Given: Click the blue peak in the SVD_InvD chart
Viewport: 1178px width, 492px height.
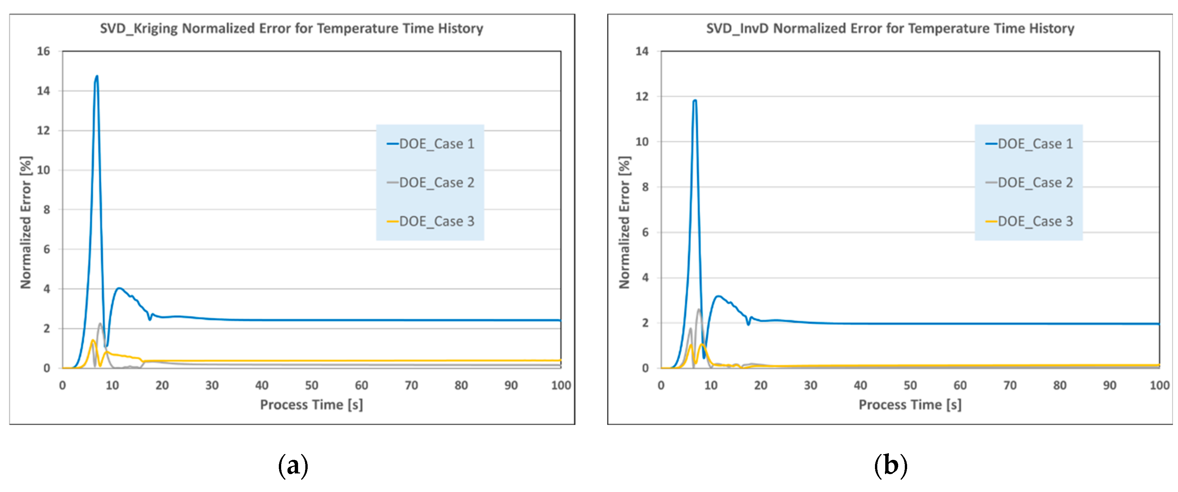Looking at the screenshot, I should point(695,100).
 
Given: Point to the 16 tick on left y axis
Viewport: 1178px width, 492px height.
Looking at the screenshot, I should point(43,51).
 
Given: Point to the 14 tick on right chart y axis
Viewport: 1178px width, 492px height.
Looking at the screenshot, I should point(642,51).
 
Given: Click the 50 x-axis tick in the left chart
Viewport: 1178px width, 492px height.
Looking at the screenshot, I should point(311,386).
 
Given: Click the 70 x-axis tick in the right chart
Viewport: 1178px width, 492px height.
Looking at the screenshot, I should point(1010,386).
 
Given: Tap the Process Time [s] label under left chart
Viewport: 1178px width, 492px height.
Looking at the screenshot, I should point(311,405).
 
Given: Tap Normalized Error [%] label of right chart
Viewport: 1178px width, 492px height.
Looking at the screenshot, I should point(624,223).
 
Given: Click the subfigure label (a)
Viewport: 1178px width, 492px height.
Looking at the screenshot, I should point(293,465).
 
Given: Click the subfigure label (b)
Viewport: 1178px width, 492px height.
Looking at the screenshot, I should point(890,465).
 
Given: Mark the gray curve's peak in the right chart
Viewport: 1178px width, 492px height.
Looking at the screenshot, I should point(699,310).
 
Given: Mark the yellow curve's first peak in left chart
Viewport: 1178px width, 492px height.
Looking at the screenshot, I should point(93,340).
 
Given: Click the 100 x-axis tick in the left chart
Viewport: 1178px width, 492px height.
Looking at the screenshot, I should point(561,386).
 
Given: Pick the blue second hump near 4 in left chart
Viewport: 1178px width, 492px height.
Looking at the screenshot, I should point(119,288).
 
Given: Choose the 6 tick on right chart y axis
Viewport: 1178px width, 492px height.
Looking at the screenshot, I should point(645,232).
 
